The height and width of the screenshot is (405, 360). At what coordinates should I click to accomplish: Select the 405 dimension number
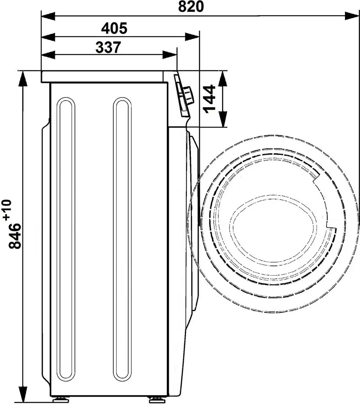click(x=114, y=28)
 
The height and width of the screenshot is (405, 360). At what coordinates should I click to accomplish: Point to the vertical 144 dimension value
click(x=210, y=99)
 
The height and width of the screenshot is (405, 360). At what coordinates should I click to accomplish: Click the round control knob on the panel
click(x=189, y=95)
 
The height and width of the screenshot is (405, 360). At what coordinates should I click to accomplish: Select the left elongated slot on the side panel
click(x=66, y=239)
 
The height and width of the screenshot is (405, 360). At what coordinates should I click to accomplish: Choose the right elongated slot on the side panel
click(x=122, y=239)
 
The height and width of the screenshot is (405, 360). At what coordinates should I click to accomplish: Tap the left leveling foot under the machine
click(x=60, y=400)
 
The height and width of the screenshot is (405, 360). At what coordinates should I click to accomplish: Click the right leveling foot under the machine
click(x=154, y=400)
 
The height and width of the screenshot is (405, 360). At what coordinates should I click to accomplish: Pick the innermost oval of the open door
click(x=269, y=228)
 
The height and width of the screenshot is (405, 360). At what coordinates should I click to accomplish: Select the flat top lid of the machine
click(x=105, y=76)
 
